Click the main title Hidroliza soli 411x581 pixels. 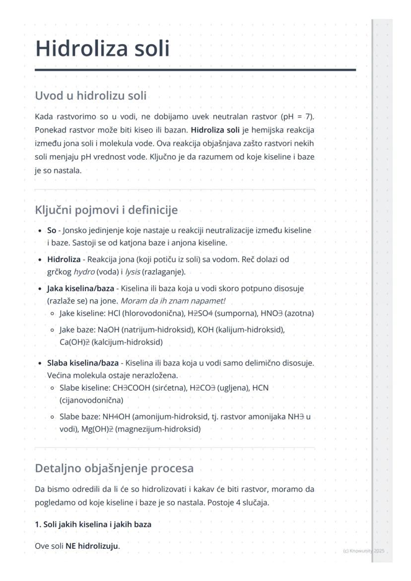[102, 49]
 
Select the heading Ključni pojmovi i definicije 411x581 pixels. [106, 210]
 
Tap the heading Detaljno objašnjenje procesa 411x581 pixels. [114, 468]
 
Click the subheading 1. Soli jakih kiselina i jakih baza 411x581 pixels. [93, 524]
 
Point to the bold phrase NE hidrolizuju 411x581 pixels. [92, 546]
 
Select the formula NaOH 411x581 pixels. [107, 329]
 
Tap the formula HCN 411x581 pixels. [261, 387]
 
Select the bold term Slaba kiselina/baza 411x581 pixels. [83, 363]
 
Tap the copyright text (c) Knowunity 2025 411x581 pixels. [363, 551]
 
